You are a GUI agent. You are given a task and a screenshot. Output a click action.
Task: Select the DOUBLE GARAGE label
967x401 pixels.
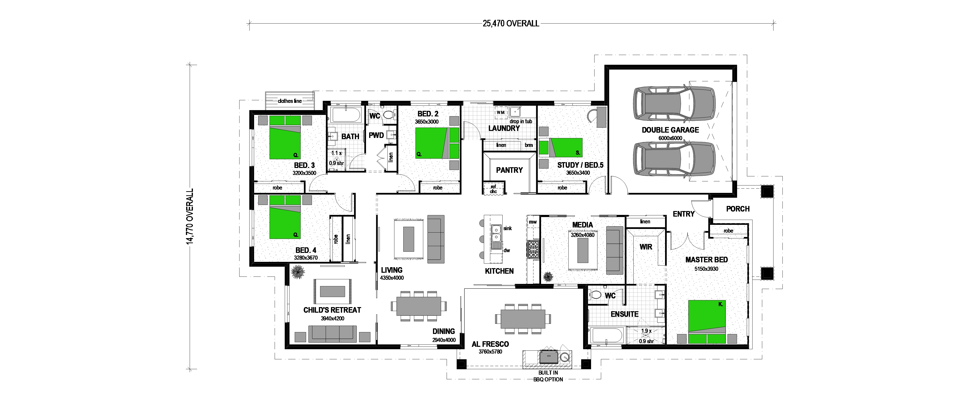670,130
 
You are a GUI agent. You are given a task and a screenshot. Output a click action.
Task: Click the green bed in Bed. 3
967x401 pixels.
285,137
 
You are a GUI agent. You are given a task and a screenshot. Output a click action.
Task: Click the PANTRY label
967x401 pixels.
509,170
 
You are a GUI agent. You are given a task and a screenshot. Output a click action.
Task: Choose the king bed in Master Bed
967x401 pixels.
707,322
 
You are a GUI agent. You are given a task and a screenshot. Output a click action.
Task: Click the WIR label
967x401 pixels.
646,247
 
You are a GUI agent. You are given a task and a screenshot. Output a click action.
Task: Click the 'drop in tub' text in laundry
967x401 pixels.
521,121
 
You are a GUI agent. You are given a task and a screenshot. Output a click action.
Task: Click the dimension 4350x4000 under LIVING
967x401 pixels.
392,278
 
